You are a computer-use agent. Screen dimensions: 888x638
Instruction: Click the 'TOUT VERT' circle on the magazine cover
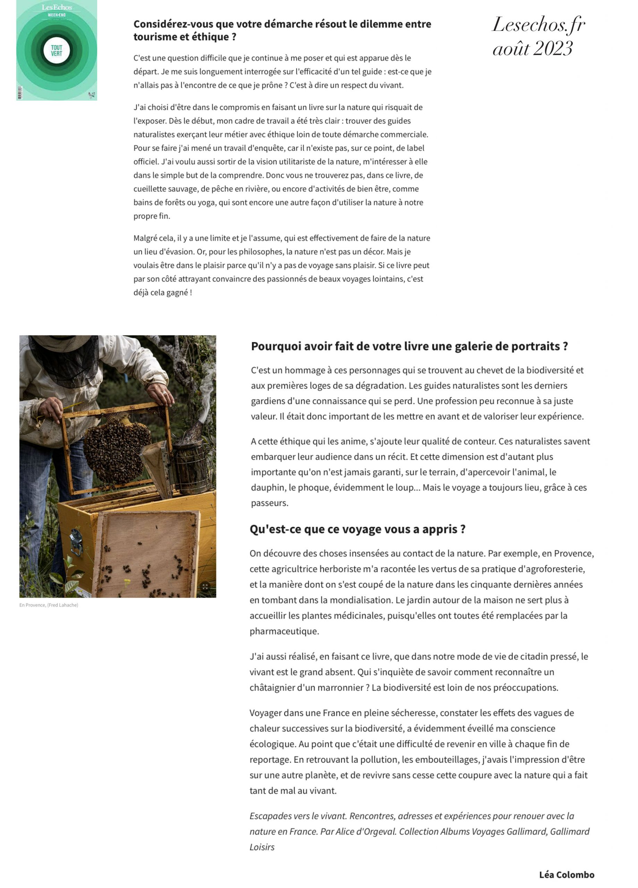click(57, 51)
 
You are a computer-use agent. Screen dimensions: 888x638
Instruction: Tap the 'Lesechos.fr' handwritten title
click(538, 25)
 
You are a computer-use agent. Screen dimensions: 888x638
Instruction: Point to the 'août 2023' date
click(532, 49)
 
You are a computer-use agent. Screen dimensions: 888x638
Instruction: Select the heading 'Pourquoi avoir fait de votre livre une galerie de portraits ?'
click(409, 346)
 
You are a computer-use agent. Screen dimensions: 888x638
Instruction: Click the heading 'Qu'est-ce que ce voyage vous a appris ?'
click(357, 529)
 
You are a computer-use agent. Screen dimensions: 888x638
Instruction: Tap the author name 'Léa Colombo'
click(566, 874)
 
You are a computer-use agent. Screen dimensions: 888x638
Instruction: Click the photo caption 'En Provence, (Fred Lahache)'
click(49, 605)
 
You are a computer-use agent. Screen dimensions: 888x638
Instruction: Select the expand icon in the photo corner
click(205, 587)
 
